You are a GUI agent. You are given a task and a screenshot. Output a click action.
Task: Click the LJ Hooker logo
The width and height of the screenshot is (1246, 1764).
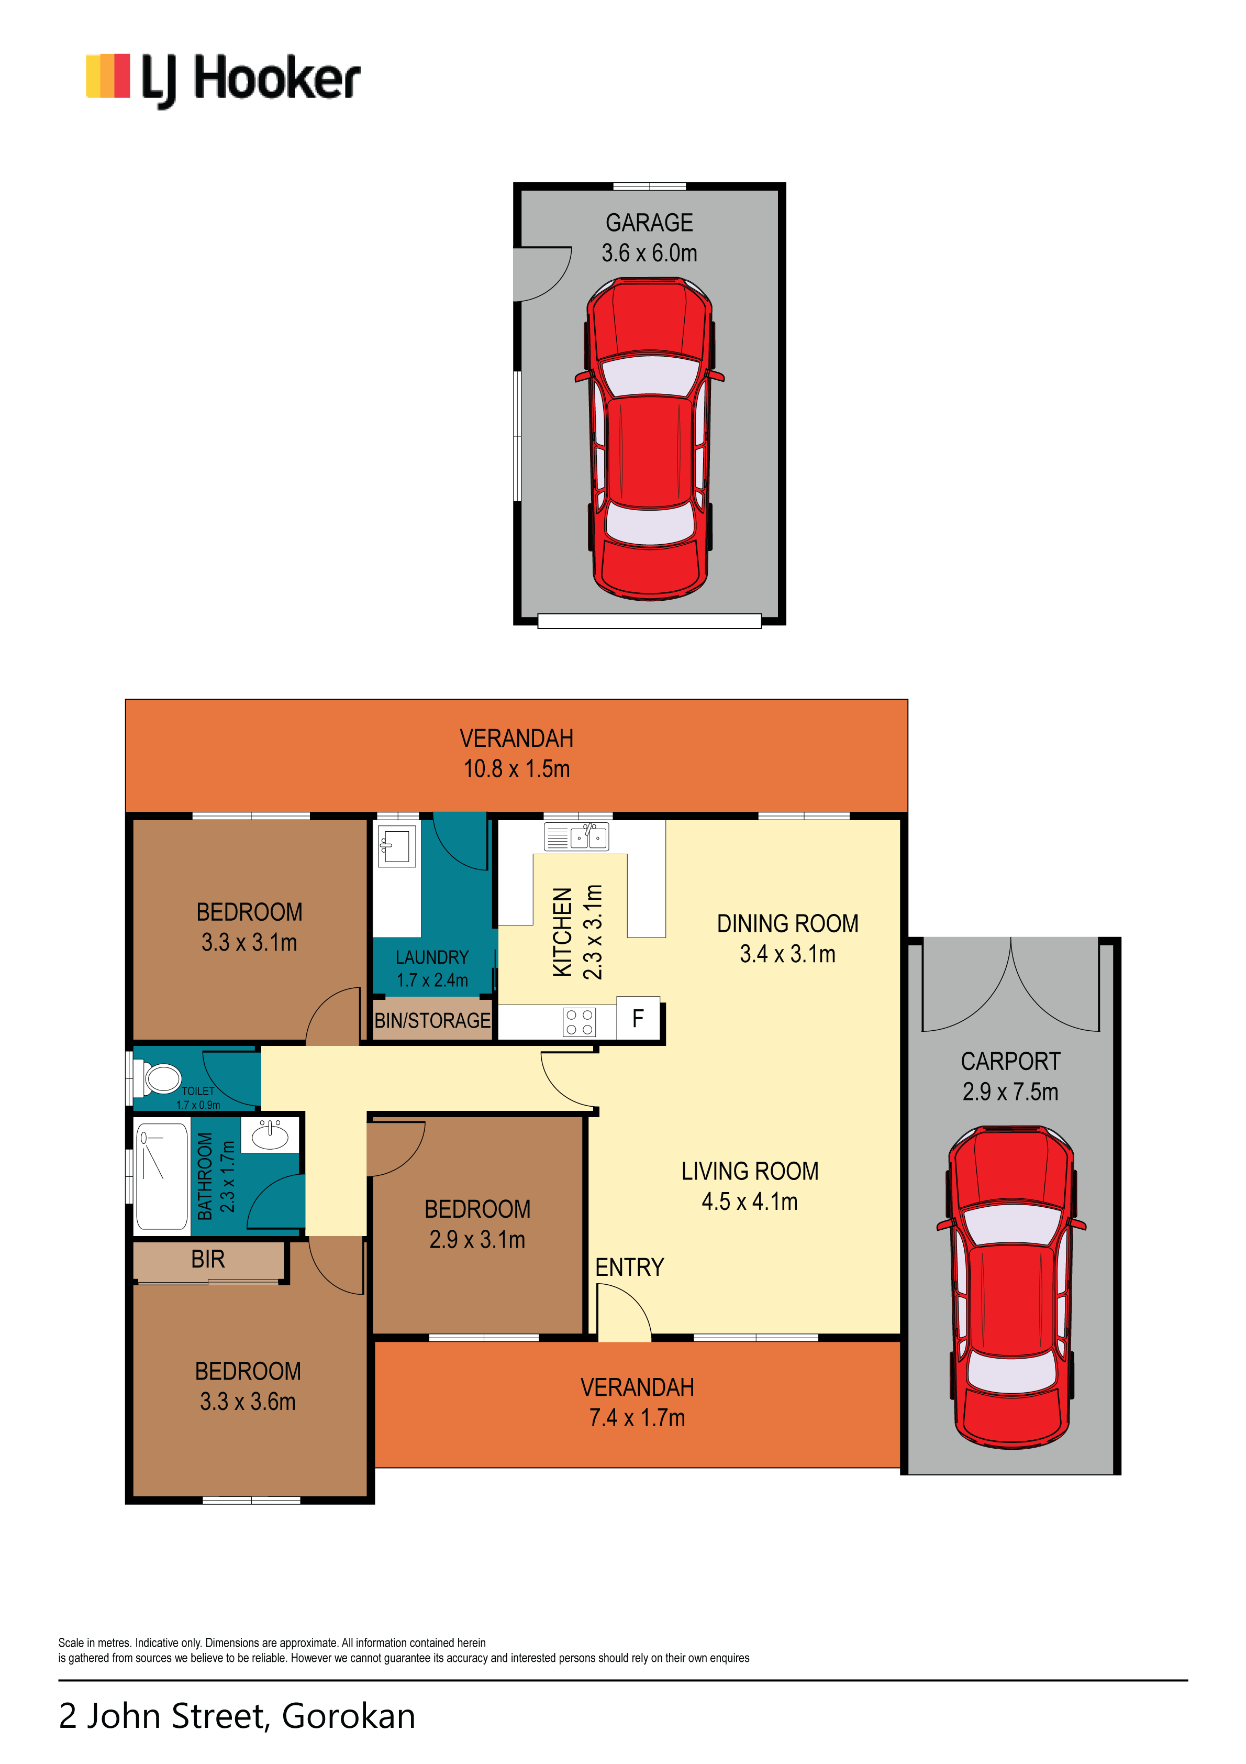coord(223,80)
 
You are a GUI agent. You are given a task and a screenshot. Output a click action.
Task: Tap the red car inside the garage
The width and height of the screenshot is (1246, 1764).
coord(649,439)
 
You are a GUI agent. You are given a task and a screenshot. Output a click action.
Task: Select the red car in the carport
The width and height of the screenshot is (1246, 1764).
coord(1011,1288)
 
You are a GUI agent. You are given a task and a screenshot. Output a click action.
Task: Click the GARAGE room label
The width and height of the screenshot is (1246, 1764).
coord(649,223)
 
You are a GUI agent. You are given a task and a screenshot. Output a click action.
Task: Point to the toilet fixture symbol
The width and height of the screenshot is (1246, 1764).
coord(158,1078)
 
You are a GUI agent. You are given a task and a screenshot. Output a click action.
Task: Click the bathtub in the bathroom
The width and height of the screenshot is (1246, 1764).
coord(161,1176)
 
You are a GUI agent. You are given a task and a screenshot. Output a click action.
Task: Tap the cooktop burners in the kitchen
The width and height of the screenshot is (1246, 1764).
coord(579,1022)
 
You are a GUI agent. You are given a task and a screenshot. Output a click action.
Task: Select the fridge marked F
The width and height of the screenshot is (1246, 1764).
coord(638,1019)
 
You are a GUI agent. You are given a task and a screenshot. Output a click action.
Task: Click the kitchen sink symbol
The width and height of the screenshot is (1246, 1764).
coord(576,836)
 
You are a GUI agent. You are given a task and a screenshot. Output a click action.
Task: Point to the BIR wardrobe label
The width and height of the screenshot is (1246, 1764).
coord(208,1259)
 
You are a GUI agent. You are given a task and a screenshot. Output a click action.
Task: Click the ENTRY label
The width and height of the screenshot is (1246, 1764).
coord(629,1267)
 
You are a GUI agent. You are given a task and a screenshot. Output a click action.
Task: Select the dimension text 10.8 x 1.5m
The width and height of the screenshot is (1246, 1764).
coord(516,769)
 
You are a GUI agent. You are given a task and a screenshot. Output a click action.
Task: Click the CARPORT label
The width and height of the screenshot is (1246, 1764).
coord(1010,1061)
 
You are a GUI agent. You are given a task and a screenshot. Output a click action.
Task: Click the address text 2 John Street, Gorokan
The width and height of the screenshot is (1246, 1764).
coord(237,1716)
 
